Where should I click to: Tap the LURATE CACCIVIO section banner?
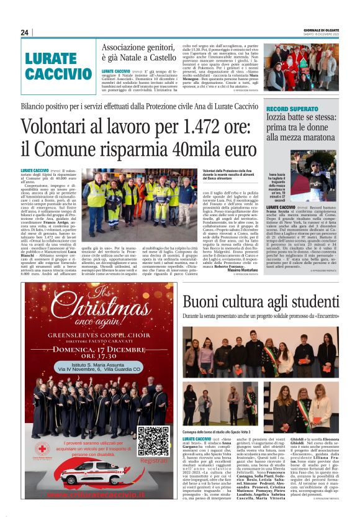(x=58, y=66)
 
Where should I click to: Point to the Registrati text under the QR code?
(x=154, y=461)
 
